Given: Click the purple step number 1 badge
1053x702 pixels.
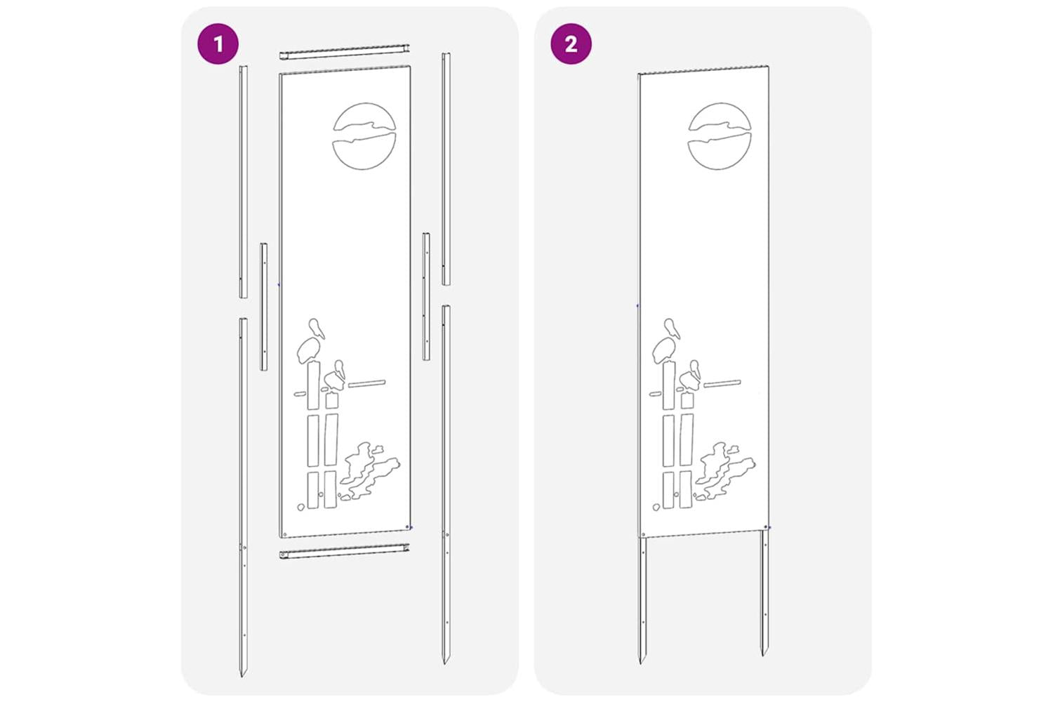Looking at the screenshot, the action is [x=218, y=44].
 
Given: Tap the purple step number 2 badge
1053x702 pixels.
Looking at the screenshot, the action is [x=571, y=44].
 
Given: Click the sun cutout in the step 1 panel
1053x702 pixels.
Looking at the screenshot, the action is [x=364, y=136].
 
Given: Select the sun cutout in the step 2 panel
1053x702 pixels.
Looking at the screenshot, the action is [x=720, y=136].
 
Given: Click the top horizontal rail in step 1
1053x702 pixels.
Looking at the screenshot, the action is [x=345, y=52].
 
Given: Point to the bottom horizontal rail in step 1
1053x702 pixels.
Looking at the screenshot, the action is [x=345, y=551].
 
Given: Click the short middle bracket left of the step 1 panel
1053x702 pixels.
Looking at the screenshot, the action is [x=264, y=307].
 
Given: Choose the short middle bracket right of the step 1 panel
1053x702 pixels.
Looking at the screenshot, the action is [x=426, y=297].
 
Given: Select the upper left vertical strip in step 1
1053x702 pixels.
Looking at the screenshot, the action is [x=244, y=182].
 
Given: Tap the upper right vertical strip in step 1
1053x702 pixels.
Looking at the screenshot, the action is [x=446, y=168].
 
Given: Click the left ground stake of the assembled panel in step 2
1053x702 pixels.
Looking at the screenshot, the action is [x=642, y=600].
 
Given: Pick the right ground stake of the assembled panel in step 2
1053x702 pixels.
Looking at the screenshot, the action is [x=765, y=592].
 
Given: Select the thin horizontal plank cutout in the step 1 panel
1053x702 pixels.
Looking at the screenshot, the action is [x=366, y=384].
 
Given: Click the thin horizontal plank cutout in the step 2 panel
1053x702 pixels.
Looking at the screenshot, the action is [x=722, y=384].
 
